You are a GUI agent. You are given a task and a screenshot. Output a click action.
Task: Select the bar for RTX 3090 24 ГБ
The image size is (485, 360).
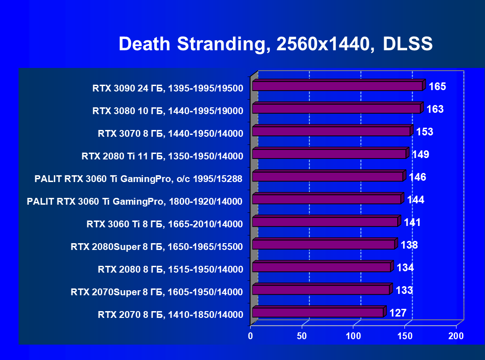[x=338, y=86]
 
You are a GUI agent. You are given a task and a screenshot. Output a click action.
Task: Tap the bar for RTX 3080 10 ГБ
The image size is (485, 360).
[x=336, y=109]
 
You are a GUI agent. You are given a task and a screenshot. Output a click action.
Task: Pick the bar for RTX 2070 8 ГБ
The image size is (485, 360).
[x=318, y=312]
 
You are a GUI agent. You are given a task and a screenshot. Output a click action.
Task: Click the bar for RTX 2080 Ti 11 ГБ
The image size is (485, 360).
[x=329, y=154]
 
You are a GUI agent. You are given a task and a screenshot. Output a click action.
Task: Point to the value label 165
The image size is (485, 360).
[x=437, y=86]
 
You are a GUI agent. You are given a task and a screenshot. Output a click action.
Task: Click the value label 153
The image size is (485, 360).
[x=425, y=132]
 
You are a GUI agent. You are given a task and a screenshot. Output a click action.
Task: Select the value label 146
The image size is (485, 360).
[x=417, y=177]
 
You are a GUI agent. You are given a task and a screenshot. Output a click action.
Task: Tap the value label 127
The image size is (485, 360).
[x=398, y=313]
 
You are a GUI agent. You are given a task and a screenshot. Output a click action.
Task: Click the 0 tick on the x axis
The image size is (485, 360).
[x=251, y=336]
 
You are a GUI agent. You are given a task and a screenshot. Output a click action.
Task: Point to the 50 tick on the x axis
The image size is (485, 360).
[x=302, y=336]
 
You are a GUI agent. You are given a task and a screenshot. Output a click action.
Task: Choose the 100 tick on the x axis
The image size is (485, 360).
[x=353, y=336]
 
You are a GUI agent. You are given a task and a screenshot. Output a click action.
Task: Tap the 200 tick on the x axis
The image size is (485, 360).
[x=456, y=336]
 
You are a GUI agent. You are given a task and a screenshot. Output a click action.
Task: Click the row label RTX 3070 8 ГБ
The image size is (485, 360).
[x=171, y=134]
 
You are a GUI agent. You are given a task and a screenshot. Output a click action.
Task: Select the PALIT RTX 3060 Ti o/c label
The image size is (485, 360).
[x=138, y=179]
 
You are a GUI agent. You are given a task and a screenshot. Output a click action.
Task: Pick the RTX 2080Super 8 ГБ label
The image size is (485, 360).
[x=157, y=247]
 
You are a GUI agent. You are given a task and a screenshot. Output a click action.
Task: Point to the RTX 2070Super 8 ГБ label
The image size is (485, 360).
[x=157, y=292]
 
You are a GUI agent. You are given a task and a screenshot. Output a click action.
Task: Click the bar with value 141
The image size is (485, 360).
[x=325, y=222]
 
